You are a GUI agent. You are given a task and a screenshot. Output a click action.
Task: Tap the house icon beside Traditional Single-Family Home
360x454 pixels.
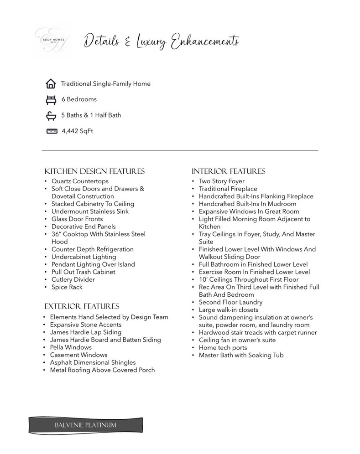coord(51,84)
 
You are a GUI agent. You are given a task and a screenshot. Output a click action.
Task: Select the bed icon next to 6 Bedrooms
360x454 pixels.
coord(51,99)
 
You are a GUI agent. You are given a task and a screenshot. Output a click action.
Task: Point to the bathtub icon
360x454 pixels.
coord(51,116)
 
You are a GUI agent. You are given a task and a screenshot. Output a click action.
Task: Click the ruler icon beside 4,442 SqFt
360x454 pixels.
coord(52,131)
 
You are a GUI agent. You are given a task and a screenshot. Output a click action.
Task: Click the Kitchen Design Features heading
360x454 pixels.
coord(94,171)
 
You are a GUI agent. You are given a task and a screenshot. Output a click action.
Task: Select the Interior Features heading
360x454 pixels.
coord(228,171)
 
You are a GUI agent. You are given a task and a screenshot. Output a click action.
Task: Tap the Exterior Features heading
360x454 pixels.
coord(82,306)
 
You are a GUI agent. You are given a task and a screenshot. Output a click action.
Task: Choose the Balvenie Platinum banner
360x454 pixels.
coord(86,425)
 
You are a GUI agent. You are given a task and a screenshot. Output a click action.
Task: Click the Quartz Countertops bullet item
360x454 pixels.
coord(80,181)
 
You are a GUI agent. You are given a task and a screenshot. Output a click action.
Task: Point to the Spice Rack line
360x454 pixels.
coord(67,287)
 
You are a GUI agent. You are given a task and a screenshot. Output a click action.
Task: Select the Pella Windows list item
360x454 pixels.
coord(71,347)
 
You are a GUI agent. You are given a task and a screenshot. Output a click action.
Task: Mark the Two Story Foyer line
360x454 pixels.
coord(222,181)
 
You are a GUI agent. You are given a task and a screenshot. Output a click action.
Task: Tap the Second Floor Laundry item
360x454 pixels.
coord(230,302)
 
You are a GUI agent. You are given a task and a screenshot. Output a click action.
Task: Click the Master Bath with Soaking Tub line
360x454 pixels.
coord(241,355)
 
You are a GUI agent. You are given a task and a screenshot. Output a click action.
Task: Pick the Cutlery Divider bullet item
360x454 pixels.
coord(73,279)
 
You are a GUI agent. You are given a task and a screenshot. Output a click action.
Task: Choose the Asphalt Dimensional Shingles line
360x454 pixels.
coord(93,362)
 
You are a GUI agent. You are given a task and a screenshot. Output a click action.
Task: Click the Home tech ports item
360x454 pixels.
coord(223,348)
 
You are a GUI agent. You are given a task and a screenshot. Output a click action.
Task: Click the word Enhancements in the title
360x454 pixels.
coord(205,42)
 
